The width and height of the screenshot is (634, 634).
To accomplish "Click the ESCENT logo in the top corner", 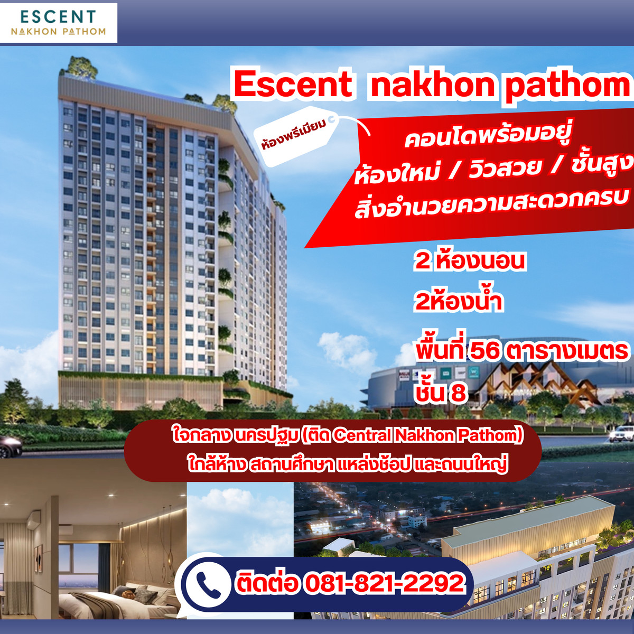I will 58,22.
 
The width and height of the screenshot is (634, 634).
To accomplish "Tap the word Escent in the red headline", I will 293,84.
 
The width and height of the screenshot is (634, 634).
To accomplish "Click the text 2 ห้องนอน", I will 470,260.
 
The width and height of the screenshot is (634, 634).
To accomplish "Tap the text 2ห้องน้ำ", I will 458,302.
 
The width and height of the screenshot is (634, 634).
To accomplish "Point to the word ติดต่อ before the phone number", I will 267,583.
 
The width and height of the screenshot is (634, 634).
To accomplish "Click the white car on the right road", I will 621,434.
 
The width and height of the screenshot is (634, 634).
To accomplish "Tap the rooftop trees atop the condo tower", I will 79,66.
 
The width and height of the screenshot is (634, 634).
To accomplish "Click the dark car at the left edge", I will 10,446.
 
